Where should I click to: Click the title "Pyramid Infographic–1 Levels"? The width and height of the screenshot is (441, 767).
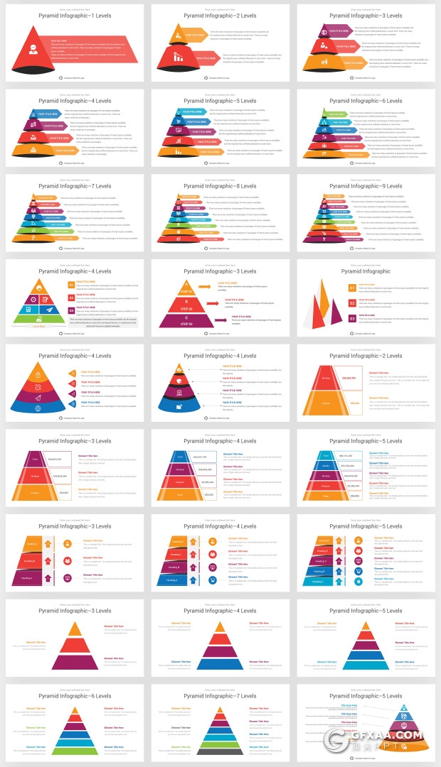(x=75, y=16)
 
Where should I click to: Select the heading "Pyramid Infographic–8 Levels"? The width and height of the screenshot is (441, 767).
(x=220, y=186)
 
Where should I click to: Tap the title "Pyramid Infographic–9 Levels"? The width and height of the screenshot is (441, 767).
(x=366, y=186)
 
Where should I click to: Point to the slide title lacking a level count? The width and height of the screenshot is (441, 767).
(x=366, y=271)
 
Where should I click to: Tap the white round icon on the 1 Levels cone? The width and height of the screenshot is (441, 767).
(x=32, y=49)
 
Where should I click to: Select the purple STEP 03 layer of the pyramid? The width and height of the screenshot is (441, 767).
(x=186, y=322)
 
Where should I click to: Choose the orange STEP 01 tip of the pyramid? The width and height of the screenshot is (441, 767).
(x=186, y=288)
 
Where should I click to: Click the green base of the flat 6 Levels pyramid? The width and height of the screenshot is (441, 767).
(x=75, y=749)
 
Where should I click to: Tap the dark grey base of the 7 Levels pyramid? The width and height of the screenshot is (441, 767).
(x=220, y=750)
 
